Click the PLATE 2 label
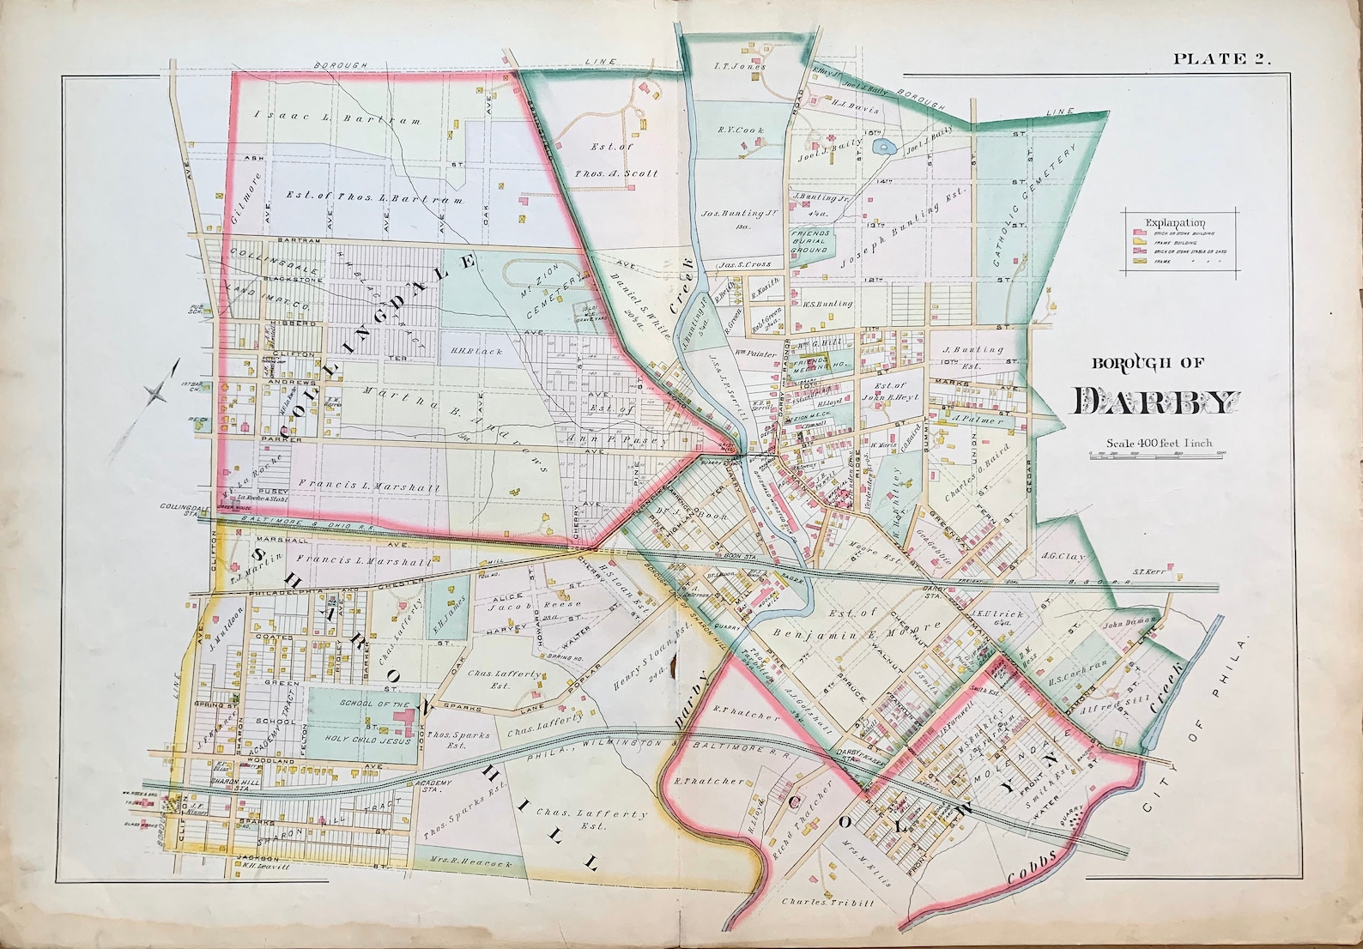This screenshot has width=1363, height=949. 1221,58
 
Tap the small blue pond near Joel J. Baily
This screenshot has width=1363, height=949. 881,148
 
